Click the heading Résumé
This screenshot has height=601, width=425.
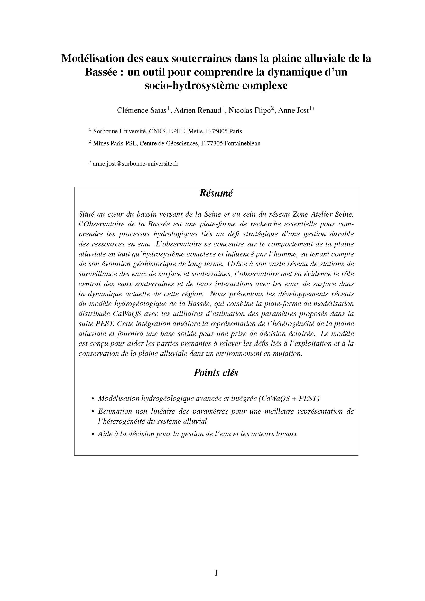pos(216,193)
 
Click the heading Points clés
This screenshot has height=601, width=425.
pos(216,373)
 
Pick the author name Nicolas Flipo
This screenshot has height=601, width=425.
pos(250,110)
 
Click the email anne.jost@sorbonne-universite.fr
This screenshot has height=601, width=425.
pos(136,164)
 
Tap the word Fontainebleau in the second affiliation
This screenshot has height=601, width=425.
pos(242,143)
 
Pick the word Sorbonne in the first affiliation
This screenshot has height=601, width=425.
pos(105,131)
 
